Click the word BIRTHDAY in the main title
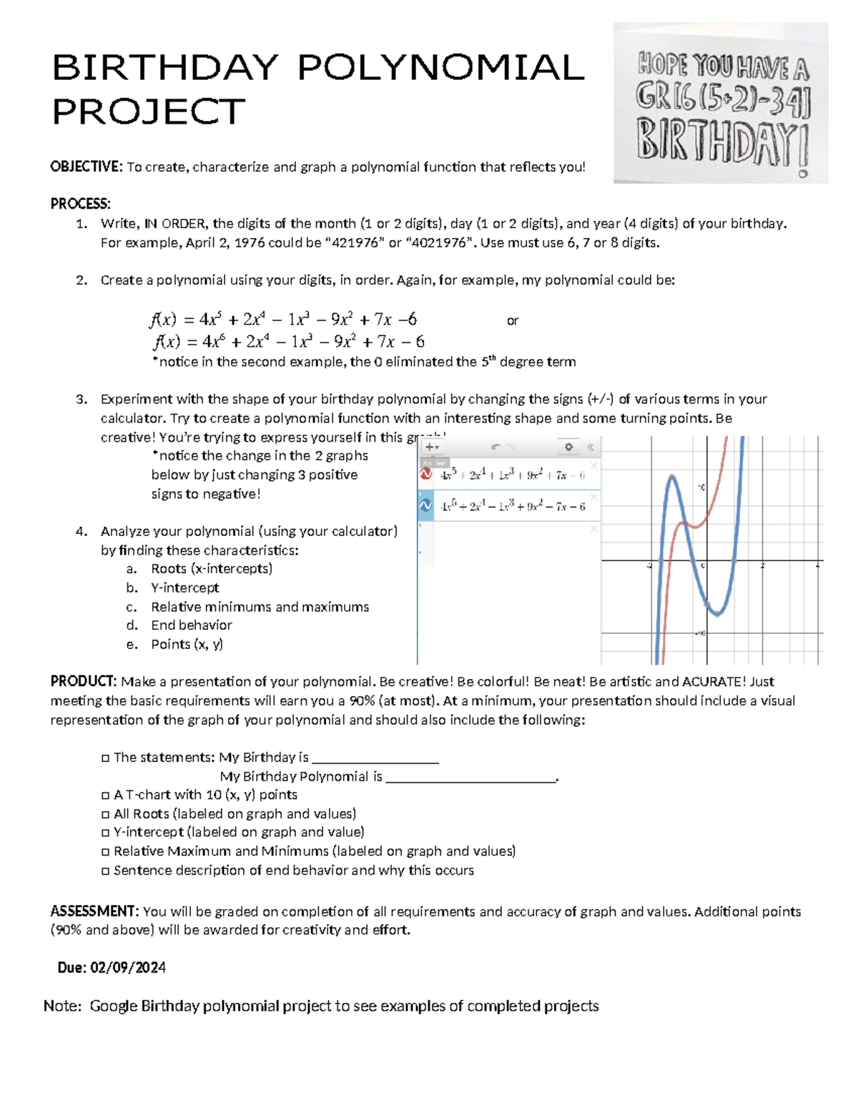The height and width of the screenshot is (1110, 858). tap(165, 69)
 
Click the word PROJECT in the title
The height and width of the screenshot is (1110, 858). tap(149, 112)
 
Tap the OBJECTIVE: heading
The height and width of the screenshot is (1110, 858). tap(87, 167)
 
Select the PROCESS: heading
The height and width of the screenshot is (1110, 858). tap(80, 204)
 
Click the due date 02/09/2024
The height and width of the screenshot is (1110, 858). tap(128, 968)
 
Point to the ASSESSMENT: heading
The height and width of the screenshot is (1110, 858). tap(94, 911)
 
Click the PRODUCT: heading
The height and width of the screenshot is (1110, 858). tap(83, 682)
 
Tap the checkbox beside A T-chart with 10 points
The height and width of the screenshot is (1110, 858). tap(106, 796)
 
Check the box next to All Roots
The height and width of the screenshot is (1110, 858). tap(106, 814)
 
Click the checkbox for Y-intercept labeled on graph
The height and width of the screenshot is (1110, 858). tap(106, 833)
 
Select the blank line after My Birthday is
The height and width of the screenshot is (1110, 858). tap(375, 759)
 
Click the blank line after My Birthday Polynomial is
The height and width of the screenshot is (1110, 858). tap(470, 778)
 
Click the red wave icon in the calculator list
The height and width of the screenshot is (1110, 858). tap(426, 474)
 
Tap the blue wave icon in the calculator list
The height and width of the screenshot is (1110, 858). tap(426, 505)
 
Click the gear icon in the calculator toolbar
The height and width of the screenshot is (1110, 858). tap(568, 447)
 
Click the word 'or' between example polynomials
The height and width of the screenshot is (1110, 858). tap(513, 321)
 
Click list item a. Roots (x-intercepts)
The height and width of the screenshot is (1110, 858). tap(211, 569)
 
